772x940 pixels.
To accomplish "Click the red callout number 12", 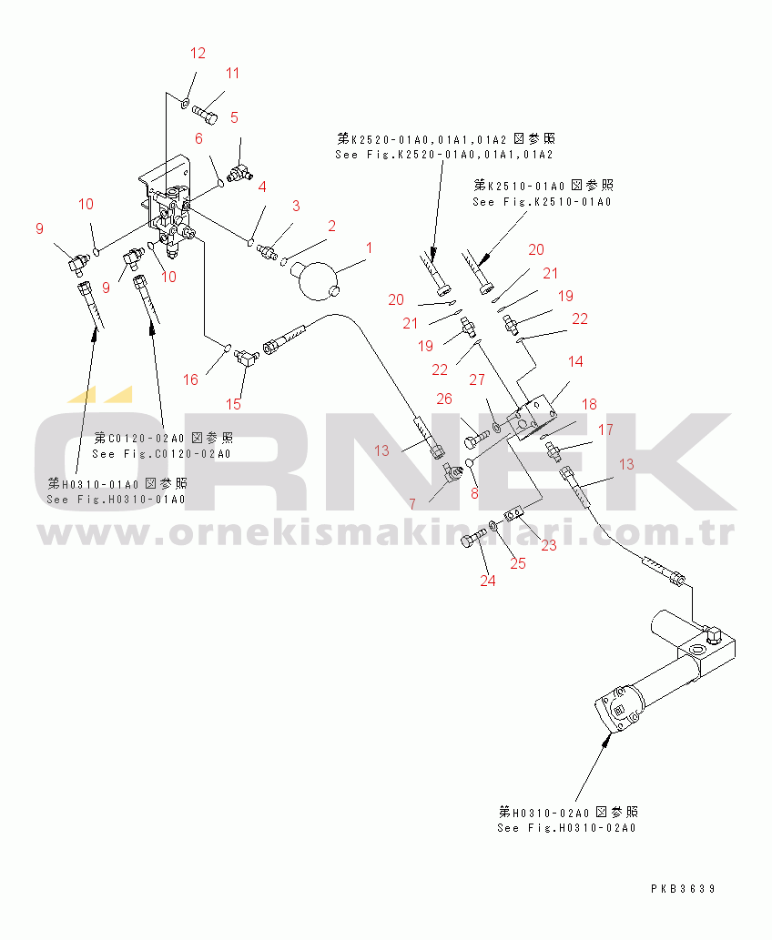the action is [x=198, y=54].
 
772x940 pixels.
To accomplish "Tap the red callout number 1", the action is [x=370, y=248].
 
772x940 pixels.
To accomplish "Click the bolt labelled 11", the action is [x=205, y=112].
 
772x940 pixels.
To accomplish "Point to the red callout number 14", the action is [x=575, y=361].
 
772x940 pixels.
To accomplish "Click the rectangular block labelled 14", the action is [x=533, y=418].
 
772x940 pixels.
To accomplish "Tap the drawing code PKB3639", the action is [x=683, y=888].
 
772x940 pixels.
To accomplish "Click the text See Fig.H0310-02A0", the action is [x=566, y=828].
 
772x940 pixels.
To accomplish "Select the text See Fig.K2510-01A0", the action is [x=542, y=202].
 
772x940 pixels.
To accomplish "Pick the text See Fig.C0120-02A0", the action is [x=161, y=454].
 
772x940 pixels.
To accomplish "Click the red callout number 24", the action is [x=488, y=581].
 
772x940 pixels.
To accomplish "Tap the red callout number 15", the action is [x=233, y=404].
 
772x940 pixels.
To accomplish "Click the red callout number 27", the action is [x=477, y=379].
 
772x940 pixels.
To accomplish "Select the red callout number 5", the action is [x=234, y=117].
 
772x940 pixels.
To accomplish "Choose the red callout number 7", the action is [x=412, y=504].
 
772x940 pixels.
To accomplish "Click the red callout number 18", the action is [x=589, y=404].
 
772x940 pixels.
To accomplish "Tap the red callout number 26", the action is [x=444, y=399].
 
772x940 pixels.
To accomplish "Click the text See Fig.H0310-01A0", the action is [x=116, y=500].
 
